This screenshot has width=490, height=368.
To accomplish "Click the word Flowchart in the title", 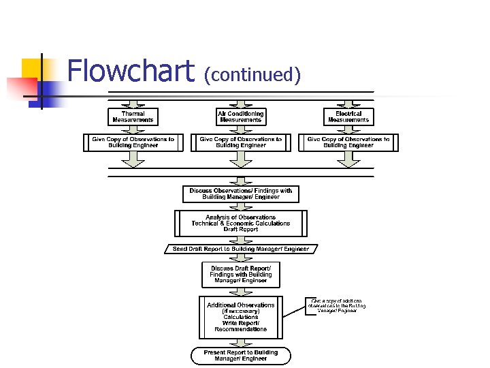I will click(x=131, y=72).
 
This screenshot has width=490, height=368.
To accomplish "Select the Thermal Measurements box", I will click(x=133, y=117).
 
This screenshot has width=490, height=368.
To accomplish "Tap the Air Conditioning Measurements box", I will click(x=241, y=117).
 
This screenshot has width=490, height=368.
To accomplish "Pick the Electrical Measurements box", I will click(x=348, y=117).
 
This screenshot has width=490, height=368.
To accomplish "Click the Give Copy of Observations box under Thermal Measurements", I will click(x=133, y=142).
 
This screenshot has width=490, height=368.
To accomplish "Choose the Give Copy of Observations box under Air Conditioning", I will click(x=241, y=142).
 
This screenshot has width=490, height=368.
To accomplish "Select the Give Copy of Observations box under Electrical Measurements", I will click(x=348, y=142).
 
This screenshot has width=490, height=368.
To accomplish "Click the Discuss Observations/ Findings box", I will click(x=241, y=194).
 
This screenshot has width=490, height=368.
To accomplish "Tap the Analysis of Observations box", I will click(x=241, y=224).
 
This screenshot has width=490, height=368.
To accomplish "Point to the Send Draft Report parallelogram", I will click(x=241, y=249).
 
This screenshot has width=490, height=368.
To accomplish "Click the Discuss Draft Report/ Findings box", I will click(x=241, y=274).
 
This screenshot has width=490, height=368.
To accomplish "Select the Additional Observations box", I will click(x=241, y=317).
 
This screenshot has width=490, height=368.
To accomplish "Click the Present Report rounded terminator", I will click(x=241, y=356).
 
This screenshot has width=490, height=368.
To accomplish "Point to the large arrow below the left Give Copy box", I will click(x=133, y=159).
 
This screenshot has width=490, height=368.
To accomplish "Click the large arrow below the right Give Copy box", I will click(x=348, y=159).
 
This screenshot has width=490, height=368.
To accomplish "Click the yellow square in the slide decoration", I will click(x=31, y=68).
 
